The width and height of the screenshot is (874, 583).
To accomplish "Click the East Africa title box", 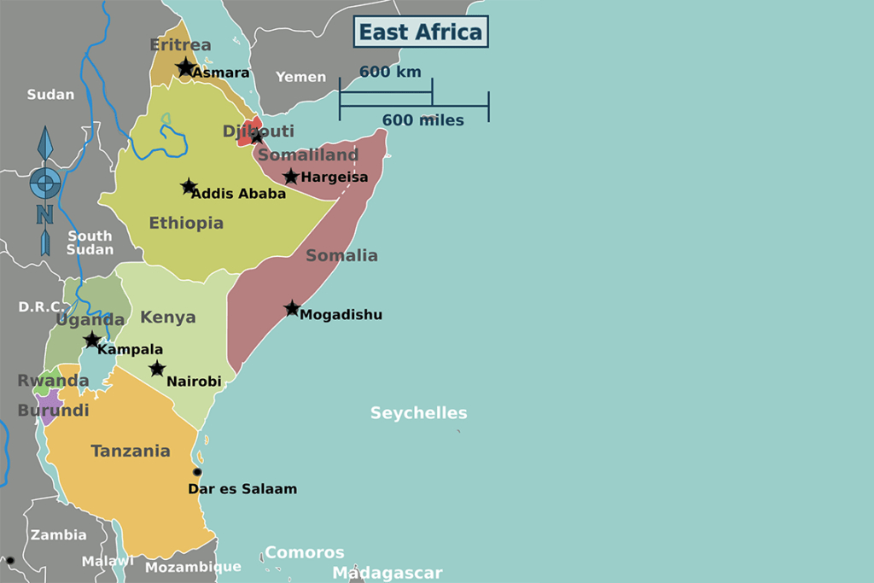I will point(421,32).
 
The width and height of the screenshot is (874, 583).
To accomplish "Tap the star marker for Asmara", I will point(185,67).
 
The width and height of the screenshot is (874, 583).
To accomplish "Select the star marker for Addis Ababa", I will point(189,186).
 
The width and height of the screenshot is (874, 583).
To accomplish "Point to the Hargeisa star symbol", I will point(291,177).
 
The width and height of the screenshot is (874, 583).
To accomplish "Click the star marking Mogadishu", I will point(292,308).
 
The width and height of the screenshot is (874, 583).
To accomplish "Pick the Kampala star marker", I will point(92,340).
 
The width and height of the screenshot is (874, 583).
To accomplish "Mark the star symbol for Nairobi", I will point(157,369).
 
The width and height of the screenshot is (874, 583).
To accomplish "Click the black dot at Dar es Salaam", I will point(197,472).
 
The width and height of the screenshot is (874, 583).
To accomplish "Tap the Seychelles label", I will point(418,413).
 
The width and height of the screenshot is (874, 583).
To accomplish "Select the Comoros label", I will point(304,552).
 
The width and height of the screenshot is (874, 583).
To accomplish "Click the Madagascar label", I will point(387,573).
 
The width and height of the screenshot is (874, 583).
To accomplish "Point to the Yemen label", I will point(300,77).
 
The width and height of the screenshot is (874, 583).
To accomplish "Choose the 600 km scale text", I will point(390,72).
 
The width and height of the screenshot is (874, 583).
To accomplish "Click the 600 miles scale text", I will point(422,120).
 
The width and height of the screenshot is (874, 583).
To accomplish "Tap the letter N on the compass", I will point(44,213).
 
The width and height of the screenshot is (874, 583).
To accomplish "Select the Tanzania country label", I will point(131,451).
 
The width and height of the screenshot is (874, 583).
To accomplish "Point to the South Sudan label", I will point(90,242).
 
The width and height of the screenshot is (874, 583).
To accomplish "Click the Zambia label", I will point(59,535).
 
